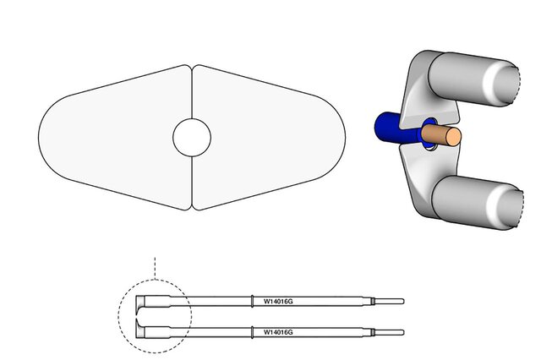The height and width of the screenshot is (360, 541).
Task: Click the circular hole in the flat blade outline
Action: [192, 137]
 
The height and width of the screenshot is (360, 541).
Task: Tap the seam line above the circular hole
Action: [192, 92]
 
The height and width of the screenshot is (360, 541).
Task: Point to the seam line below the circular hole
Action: [192, 182]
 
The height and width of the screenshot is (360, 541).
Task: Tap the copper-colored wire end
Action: [441, 135]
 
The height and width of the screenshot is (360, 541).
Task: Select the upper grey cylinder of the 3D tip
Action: [474, 79]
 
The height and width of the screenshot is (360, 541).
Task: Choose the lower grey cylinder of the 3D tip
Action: [478, 203]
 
